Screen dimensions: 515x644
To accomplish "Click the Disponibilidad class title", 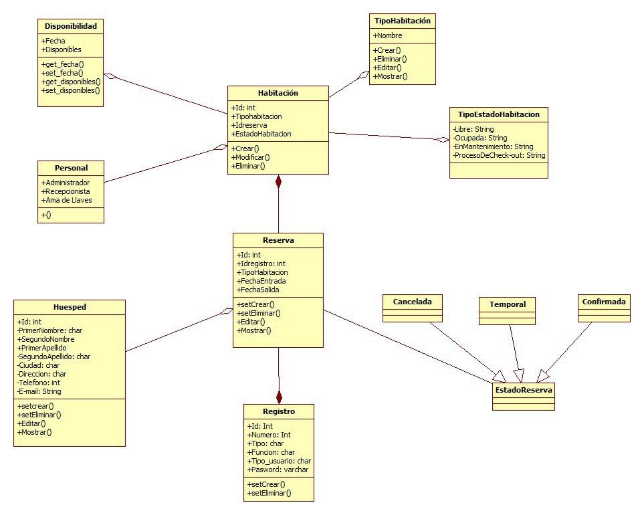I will click(70, 27).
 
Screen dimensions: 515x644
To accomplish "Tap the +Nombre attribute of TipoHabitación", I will click(388, 35).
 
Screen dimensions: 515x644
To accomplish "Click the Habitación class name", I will click(278, 93).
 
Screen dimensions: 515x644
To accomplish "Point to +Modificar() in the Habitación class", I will click(251, 157).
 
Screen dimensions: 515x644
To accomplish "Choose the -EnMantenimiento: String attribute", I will click(493, 146).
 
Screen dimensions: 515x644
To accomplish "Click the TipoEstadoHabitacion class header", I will click(498, 114).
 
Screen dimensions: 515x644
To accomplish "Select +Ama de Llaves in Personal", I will click(67, 200).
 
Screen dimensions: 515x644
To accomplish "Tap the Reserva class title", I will click(278, 240).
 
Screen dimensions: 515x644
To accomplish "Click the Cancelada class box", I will click(413, 302).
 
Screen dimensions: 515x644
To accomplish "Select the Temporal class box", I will click(508, 304).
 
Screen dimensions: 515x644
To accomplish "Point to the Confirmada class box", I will click(604, 302).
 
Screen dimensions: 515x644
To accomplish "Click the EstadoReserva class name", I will click(524, 389).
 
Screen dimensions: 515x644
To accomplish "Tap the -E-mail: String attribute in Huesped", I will click(39, 391).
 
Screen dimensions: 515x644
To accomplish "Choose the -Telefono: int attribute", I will click(38, 383).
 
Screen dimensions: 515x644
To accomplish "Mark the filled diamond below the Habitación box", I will click(278, 181).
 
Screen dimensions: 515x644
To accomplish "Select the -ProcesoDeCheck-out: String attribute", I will click(499, 155).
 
